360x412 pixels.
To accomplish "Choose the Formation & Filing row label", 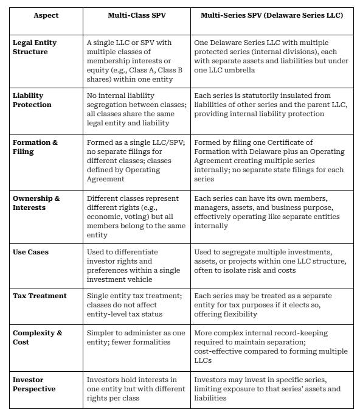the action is pos(35,147).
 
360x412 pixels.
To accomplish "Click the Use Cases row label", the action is pos(30,251).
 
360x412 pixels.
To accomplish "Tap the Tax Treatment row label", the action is pos(39,296).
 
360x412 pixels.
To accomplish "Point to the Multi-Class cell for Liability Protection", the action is pos(136,105).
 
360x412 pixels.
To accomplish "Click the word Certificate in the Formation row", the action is pos(296,142).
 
